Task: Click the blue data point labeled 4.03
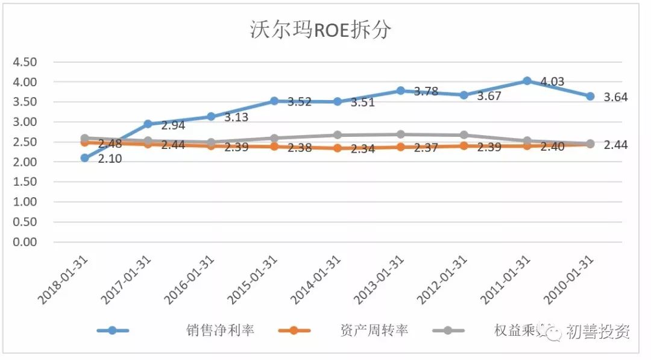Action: (x=527, y=81)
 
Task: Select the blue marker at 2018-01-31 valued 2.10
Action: (x=85, y=158)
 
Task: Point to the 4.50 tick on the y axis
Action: (x=25, y=62)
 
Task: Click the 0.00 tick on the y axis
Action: (x=25, y=242)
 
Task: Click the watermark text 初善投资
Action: (x=597, y=332)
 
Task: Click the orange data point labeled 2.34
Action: (x=338, y=148)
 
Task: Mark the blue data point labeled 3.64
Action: (x=590, y=96)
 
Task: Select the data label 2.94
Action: (x=172, y=125)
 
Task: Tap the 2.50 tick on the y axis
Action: (x=25, y=142)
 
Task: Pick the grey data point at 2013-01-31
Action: (x=400, y=134)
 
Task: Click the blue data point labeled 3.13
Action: (x=211, y=116)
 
